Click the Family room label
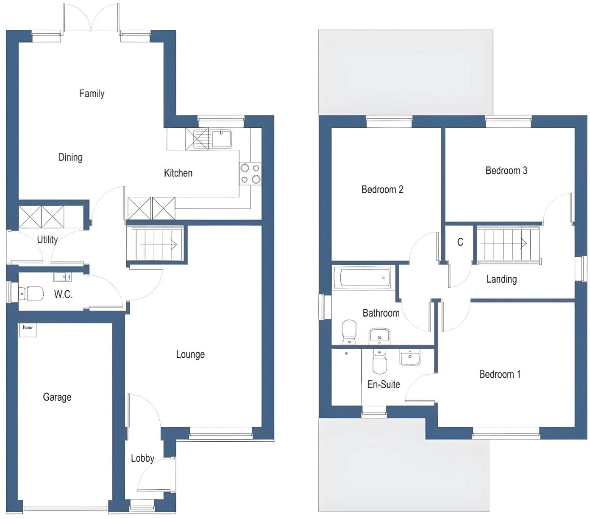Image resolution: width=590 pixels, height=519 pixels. click(x=92, y=93)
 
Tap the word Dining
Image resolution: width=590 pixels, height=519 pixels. click(x=70, y=157)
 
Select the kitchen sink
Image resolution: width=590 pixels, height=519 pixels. click(x=221, y=138)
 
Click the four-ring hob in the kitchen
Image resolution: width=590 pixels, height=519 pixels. click(x=250, y=174)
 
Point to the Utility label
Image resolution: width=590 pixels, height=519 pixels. click(x=47, y=240)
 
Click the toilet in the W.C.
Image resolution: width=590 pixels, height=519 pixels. click(x=32, y=293)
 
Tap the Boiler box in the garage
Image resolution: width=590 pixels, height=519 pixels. click(x=28, y=330)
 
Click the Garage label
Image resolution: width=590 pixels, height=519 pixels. click(x=57, y=397)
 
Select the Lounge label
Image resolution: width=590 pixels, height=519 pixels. click(x=190, y=354)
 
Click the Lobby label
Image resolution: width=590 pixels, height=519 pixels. click(x=142, y=458)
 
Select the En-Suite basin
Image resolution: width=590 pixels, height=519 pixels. click(x=410, y=358)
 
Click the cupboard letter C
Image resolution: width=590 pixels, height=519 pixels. click(x=460, y=242)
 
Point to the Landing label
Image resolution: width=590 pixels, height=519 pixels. click(x=501, y=279)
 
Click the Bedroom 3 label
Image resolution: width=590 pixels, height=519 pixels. click(x=506, y=171)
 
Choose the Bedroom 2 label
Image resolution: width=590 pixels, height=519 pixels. click(x=382, y=190)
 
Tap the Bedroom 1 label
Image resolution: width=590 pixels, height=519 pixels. click(x=500, y=374)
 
